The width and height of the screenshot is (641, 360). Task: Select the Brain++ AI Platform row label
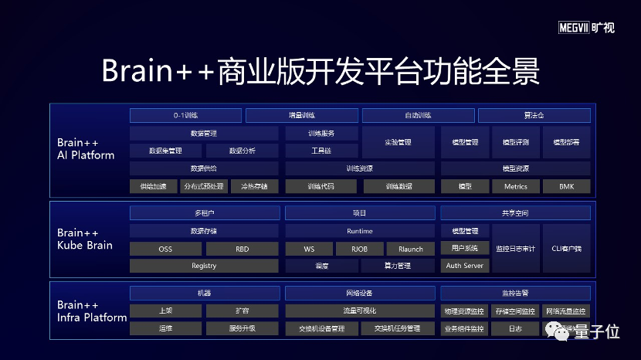[86, 149]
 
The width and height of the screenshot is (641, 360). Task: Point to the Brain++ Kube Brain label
[85, 239]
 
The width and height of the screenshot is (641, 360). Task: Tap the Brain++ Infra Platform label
[91, 311]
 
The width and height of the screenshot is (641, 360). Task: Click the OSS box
[165, 249]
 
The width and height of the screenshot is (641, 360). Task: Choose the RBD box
[242, 249]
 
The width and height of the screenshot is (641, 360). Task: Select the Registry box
[204, 266]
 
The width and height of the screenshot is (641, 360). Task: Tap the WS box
[308, 249]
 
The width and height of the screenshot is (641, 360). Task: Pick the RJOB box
[359, 249]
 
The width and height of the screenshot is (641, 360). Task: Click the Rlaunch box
[411, 249]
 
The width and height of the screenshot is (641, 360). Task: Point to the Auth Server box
[464, 266]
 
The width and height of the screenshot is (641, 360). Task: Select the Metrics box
[515, 186]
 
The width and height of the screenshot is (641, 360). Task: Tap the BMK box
[567, 186]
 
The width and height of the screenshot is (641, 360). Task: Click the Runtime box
[359, 231]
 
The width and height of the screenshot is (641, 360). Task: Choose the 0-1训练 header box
[185, 116]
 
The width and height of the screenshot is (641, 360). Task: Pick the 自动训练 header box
[418, 116]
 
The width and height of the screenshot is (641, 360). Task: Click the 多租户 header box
[204, 212]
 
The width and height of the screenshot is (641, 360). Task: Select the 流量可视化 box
[359, 311]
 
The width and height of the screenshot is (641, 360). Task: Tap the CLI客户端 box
[567, 249]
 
